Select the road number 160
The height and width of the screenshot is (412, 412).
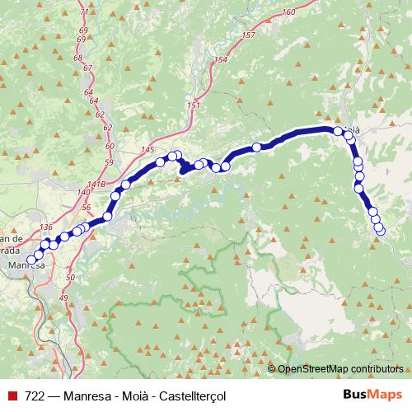288,12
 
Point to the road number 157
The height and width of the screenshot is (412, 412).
249,35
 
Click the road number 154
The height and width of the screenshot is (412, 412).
219,60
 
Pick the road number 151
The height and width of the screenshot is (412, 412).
194,105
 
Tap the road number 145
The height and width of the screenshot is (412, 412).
147,148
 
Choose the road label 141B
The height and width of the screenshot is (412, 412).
96,182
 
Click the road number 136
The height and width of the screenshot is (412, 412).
46,227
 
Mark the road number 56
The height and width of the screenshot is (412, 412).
86,208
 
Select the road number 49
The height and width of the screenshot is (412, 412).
63,297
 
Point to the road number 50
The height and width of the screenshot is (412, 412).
70,279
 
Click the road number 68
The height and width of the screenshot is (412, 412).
78,58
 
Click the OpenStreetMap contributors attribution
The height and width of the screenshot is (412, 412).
341,369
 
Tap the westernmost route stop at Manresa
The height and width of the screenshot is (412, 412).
32,260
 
